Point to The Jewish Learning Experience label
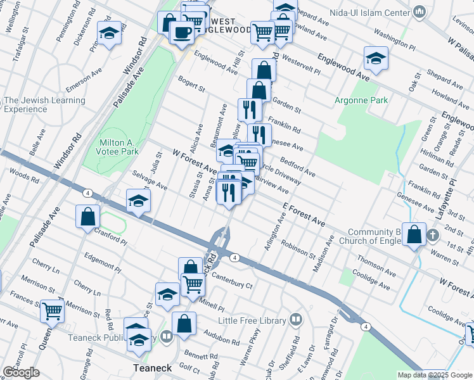(x=44, y=104)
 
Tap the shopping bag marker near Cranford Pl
(x=87, y=216)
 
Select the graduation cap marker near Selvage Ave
(x=138, y=201)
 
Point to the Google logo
(x=21, y=372)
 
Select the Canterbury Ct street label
(x=232, y=277)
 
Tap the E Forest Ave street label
(x=304, y=215)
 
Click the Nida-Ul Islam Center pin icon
(x=419, y=12)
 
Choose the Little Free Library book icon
(x=295, y=320)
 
